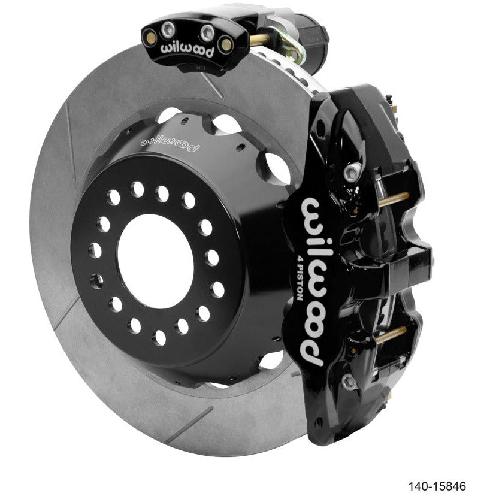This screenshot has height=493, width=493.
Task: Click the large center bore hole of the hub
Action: click(x=155, y=261)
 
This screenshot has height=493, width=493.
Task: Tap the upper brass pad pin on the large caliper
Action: click(x=392, y=198)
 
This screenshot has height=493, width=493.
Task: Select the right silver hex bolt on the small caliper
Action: click(x=207, y=31)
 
